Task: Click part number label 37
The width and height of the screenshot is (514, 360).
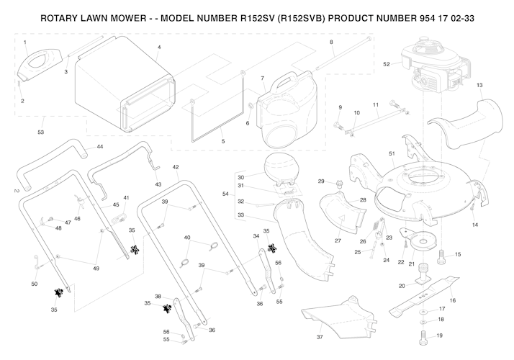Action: point(320,337)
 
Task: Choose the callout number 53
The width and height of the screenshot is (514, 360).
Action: point(40,132)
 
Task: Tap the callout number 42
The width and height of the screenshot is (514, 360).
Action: point(175,167)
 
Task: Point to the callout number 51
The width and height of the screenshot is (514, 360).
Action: point(392,154)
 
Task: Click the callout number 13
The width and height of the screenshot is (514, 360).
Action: point(479,85)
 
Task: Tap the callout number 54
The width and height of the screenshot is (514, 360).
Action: point(225,194)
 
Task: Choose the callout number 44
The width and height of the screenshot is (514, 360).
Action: point(99,146)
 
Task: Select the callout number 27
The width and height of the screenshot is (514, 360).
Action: point(337,240)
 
